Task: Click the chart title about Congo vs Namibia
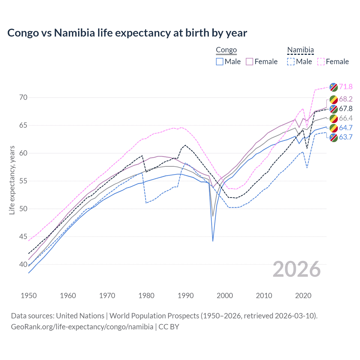point(127,33)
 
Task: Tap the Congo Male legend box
point(220,62)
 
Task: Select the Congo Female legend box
point(249,62)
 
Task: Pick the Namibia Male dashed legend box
point(291,62)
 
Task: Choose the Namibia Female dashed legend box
point(321,62)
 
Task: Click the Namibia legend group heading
point(300,50)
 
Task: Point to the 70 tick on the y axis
point(23,98)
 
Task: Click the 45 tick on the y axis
point(23,237)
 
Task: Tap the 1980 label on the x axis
point(147,296)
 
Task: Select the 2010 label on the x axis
point(264,296)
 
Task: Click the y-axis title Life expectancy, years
point(12,180)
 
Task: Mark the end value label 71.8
point(346,87)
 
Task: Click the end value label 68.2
point(346,99)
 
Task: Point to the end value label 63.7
point(346,137)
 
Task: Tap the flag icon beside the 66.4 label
point(334,118)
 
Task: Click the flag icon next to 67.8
point(334,109)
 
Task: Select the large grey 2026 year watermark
point(297,269)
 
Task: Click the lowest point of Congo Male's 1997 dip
point(213,241)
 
